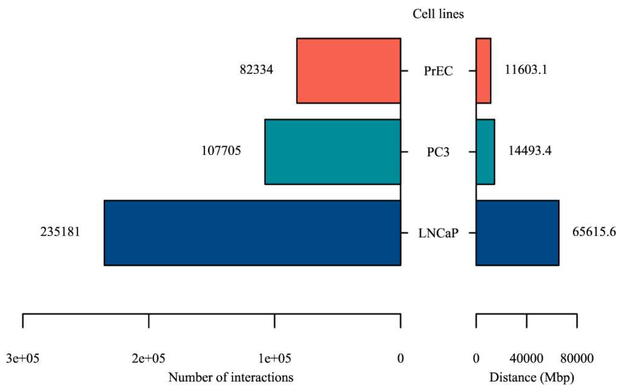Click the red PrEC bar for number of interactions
pyautogui.click(x=349, y=71)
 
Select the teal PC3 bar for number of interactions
pyautogui.click(x=333, y=152)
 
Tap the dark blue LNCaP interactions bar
pyautogui.click(x=252, y=233)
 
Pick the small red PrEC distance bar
pyautogui.click(x=483, y=71)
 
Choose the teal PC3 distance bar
pyautogui.click(x=485, y=152)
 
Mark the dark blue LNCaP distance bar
pyautogui.click(x=518, y=233)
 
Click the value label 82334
pyautogui.click(x=256, y=70)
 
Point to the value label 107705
pyautogui.click(x=221, y=151)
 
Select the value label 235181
pyautogui.click(x=60, y=232)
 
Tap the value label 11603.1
pyautogui.click(x=526, y=70)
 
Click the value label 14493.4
pyautogui.click(x=530, y=151)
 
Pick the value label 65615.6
pyautogui.click(x=594, y=232)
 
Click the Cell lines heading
pyautogui.click(x=438, y=14)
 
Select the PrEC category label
pyautogui.click(x=438, y=71)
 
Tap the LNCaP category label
pyautogui.click(x=438, y=233)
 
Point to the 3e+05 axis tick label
pyautogui.click(x=23, y=358)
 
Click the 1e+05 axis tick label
pyautogui.click(x=275, y=358)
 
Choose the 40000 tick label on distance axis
pyautogui.click(x=526, y=358)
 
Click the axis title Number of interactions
pyautogui.click(x=231, y=377)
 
